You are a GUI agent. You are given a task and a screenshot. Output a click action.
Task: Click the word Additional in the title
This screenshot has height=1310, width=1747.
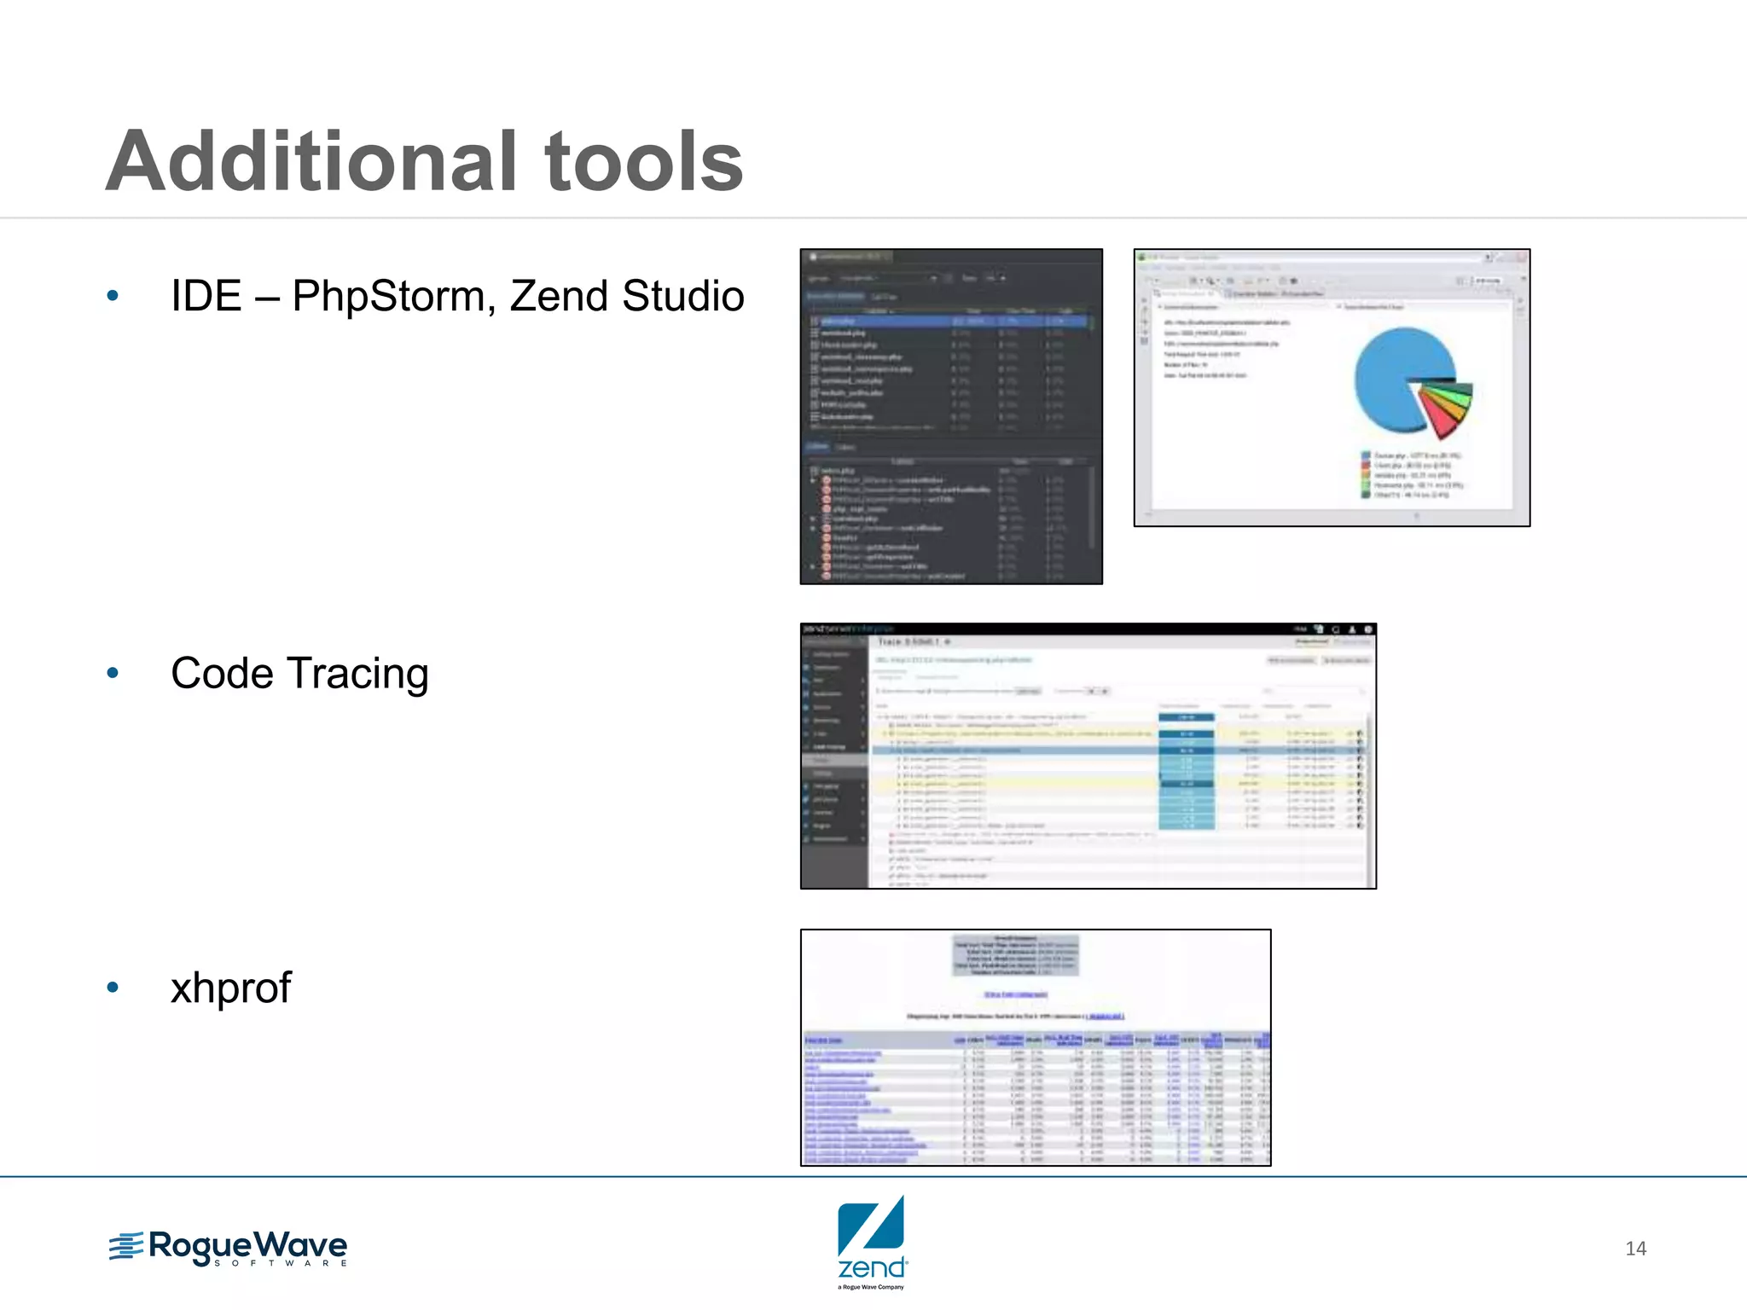[x=311, y=162]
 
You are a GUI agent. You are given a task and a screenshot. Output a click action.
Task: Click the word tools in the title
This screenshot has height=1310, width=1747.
[x=643, y=162]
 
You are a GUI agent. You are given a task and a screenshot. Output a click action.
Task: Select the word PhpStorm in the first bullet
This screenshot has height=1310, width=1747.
[x=394, y=297]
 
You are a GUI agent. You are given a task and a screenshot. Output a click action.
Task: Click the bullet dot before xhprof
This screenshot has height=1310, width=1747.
[x=113, y=988]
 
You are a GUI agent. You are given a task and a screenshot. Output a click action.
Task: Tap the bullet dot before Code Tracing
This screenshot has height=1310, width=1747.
[x=113, y=674]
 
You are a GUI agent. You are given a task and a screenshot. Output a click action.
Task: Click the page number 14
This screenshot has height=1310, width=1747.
[x=1635, y=1249]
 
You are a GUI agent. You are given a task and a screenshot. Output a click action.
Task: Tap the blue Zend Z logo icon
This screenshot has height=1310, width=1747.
[x=871, y=1226]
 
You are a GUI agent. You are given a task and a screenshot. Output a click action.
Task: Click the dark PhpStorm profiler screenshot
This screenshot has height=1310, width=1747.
[x=950, y=416]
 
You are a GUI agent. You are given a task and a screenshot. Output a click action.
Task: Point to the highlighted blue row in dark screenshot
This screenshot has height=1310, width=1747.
[x=947, y=322]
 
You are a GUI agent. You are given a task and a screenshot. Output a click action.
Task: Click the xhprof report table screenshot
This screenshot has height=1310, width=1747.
[x=1036, y=1047]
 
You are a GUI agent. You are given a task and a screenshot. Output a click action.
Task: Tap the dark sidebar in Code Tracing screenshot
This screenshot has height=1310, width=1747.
[x=833, y=759]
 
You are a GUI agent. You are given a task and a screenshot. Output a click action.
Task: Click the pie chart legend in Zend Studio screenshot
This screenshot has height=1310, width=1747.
[x=1412, y=475]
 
